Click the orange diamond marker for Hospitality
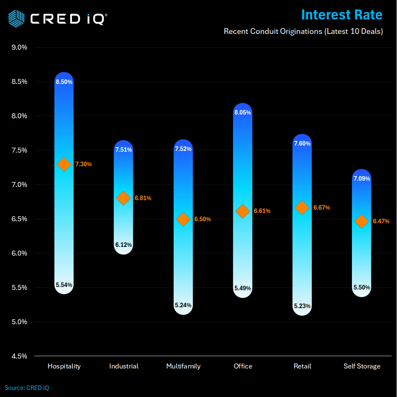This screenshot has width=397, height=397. coord(64,164)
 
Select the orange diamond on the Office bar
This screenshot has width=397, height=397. coord(243,211)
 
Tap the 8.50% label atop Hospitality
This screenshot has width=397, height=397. coord(64,82)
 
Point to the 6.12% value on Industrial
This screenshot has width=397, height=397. coord(124,245)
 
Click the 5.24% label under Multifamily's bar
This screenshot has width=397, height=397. coord(183,305)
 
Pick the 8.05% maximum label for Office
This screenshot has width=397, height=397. coord(243,112)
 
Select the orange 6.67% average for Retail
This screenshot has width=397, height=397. coord(322,208)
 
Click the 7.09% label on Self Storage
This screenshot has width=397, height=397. coord(362,179)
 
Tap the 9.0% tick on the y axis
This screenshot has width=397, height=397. coord(19,47)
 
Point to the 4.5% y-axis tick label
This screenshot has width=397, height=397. coord(19,356)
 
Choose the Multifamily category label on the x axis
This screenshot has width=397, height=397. coord(183,366)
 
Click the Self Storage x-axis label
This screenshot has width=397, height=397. coord(362,366)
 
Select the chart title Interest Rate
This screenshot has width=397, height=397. coord(342,15)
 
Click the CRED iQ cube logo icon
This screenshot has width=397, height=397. coord(16,18)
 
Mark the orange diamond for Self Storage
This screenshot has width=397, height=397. coord(362,221)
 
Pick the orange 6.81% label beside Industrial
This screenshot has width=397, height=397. coord(143,198)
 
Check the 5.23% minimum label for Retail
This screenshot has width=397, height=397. coord(302,306)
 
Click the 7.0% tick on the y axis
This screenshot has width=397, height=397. coord(19,184)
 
